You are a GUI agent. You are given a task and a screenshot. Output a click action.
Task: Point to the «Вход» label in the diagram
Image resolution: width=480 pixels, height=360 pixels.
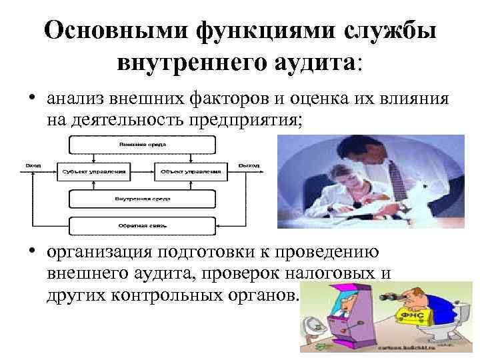pyautogui.click(x=33, y=164)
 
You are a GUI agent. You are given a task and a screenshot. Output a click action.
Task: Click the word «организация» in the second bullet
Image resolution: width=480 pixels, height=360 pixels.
pyautogui.click(x=99, y=252)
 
